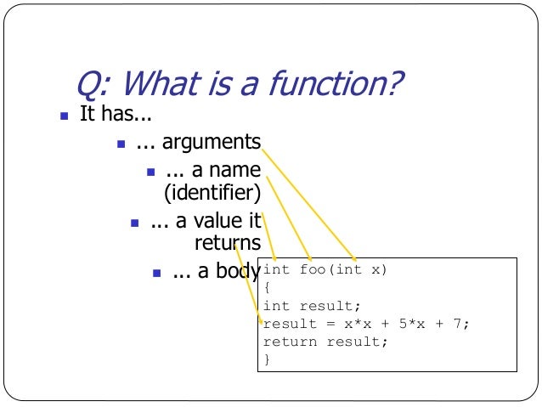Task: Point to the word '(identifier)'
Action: click(212, 192)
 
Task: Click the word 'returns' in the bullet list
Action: click(227, 244)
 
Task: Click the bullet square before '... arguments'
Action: click(121, 143)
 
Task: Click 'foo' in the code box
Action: click(310, 270)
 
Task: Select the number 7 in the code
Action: click(464, 324)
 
